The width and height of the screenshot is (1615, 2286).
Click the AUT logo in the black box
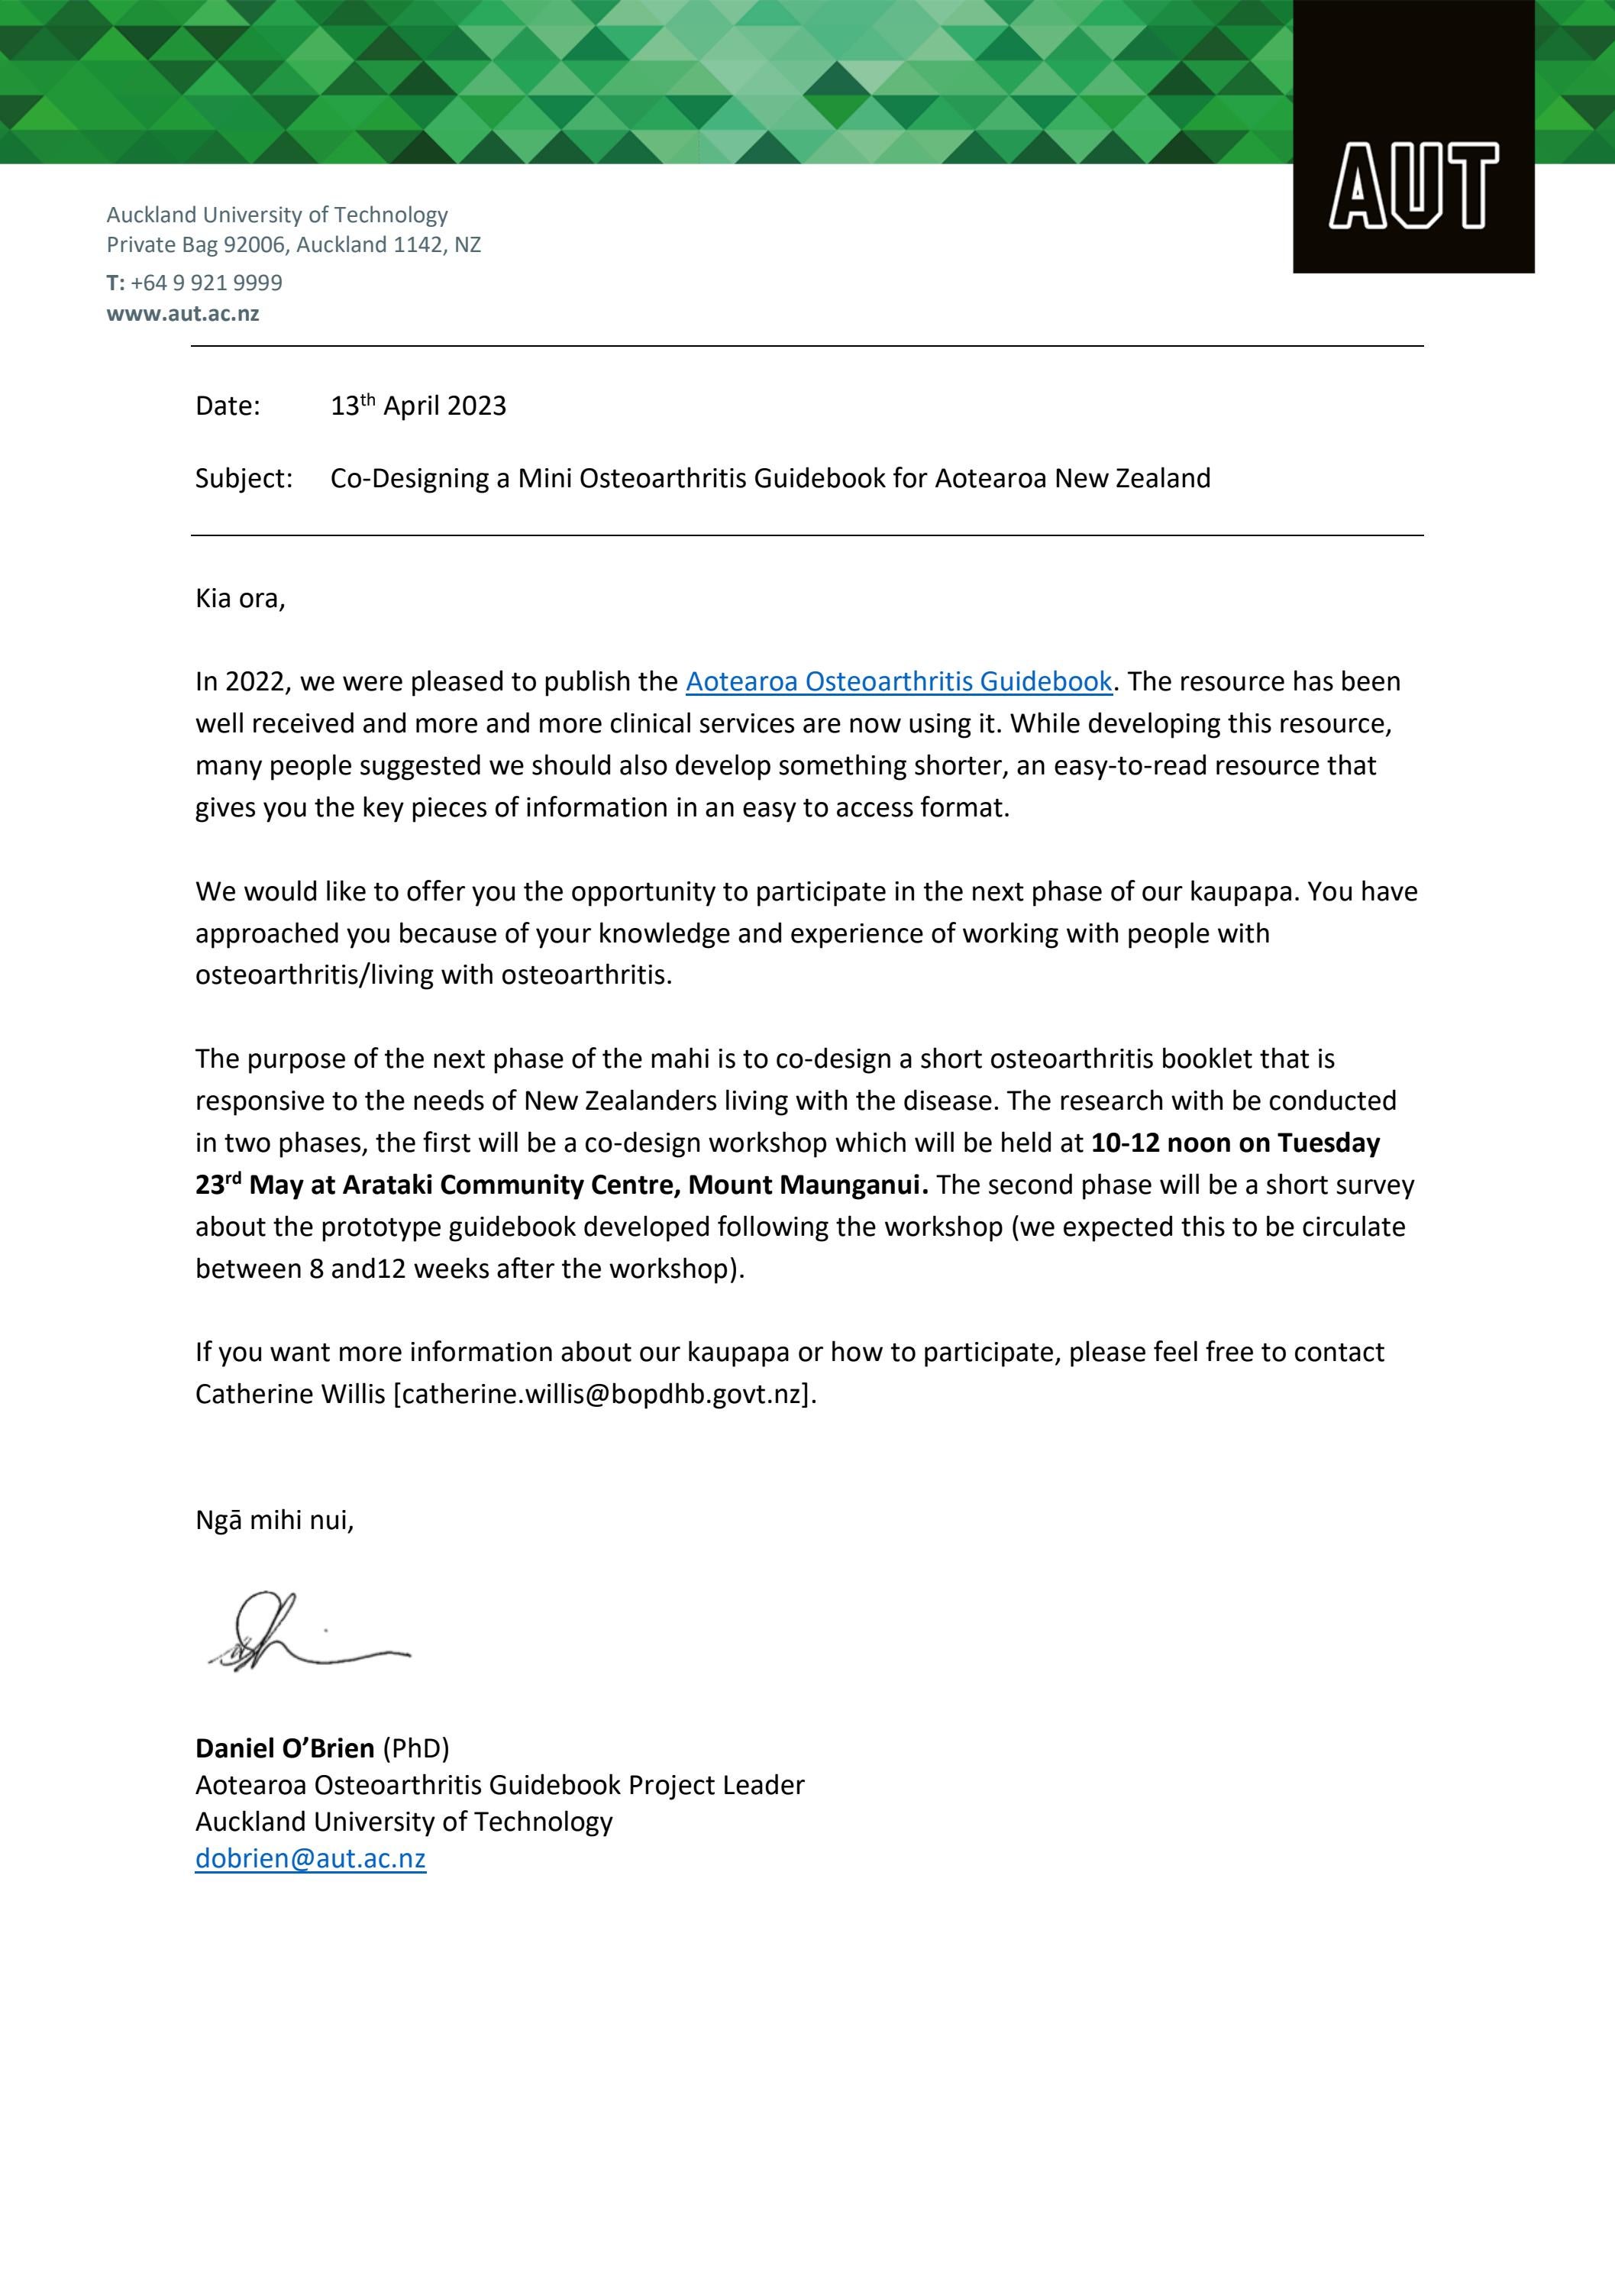click(x=1413, y=185)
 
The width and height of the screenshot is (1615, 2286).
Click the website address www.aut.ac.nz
click(x=183, y=314)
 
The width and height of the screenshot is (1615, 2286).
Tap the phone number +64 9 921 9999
click(x=206, y=283)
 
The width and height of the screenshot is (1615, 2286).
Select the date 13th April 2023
click(x=418, y=406)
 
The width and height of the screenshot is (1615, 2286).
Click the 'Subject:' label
click(x=244, y=479)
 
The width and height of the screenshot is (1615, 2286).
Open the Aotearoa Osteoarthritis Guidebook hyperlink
click(x=898, y=682)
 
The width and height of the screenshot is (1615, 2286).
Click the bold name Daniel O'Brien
click(x=285, y=1748)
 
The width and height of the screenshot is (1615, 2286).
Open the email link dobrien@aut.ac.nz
click(x=311, y=1859)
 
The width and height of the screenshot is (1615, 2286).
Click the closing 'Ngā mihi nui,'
click(x=275, y=1521)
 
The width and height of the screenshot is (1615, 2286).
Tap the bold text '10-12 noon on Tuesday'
click(x=1235, y=1143)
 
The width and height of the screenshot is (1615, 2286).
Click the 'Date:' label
click(x=227, y=406)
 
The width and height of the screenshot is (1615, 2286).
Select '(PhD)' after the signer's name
click(x=416, y=1748)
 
